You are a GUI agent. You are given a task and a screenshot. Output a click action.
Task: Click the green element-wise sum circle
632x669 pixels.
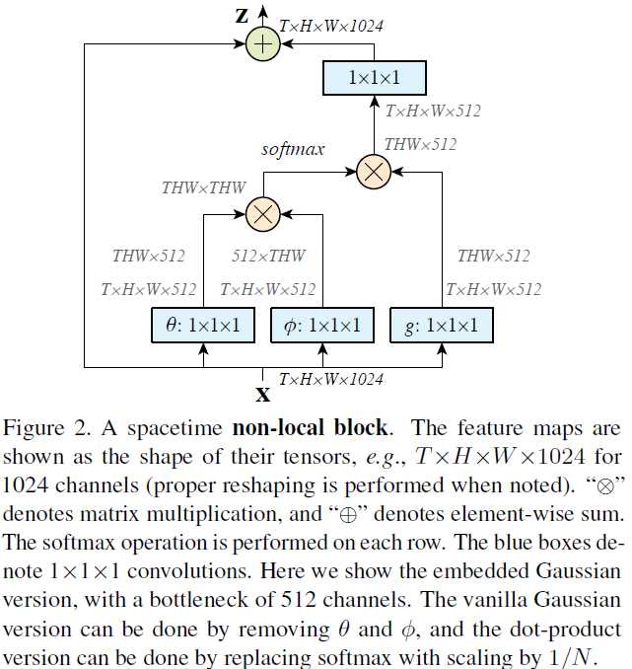(263, 43)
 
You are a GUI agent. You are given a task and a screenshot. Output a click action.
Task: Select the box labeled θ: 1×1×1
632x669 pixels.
(202, 325)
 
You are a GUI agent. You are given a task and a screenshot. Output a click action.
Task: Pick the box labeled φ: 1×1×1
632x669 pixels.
(322, 325)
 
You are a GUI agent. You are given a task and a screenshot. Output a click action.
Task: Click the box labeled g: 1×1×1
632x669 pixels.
(441, 325)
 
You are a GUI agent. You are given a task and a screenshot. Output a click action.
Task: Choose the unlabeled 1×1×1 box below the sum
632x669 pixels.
(374, 77)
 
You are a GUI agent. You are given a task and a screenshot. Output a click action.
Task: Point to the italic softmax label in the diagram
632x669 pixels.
(293, 149)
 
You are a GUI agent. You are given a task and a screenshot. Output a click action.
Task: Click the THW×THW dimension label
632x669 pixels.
(205, 187)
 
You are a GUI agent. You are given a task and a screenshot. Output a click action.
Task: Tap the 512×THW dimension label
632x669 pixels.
(269, 256)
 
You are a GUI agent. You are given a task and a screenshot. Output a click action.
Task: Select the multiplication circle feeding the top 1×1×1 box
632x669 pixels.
(373, 172)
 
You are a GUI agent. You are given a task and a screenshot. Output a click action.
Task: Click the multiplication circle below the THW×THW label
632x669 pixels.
(263, 211)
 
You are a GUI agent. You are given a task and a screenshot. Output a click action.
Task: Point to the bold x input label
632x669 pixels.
(263, 394)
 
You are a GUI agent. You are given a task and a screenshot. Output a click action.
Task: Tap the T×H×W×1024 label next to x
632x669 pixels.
(331, 378)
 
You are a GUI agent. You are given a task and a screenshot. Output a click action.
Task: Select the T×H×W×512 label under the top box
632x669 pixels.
(433, 111)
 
